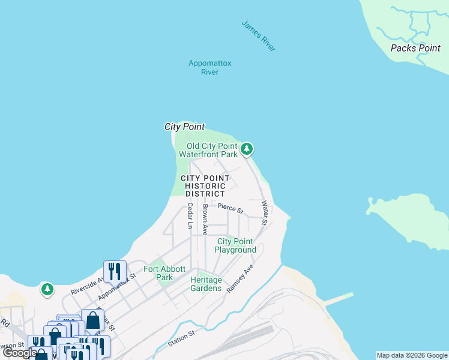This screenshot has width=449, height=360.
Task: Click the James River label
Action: pos(259,36)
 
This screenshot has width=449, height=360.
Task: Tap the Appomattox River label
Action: pos(209,68)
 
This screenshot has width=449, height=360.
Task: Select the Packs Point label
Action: pos(415,48)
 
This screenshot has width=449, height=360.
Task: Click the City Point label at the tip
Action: pos(184,127)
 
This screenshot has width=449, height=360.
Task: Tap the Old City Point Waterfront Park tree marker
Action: pos(246,149)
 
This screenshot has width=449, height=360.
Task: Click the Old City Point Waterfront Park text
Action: pos(212,150)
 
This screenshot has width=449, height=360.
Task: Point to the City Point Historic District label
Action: pos(205,186)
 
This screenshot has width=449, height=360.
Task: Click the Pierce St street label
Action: pos(231,209)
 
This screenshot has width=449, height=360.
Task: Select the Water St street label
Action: pos(265,212)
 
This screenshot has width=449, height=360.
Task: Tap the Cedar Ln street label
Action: pos(190,216)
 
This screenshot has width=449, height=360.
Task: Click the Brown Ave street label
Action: pos(205,220)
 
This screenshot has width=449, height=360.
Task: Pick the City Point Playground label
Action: pos(235,245)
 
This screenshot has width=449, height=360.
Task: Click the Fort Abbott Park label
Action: pos(164,273)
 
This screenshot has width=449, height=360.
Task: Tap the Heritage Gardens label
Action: pos(206,284)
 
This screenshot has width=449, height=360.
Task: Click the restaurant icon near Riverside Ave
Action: pos(114,271)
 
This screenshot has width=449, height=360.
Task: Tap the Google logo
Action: pos(20,353)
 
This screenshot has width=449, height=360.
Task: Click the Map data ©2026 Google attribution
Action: pos(412,355)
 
